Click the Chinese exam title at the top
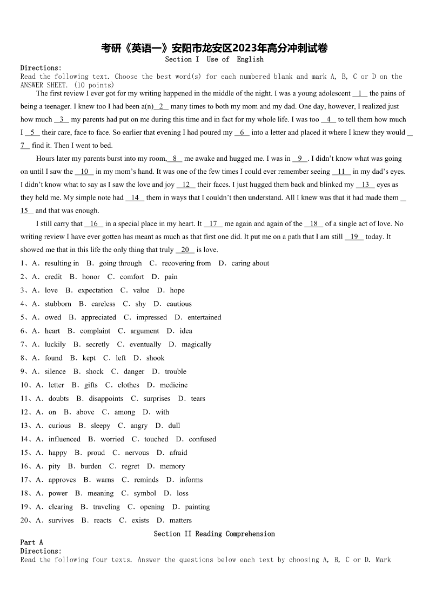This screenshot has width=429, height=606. pos(215,49)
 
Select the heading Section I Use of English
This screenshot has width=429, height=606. pos(215,59)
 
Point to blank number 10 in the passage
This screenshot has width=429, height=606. pos(84,172)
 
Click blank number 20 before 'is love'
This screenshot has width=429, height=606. pos(185,250)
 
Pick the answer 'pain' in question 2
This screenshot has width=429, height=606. pos(171,277)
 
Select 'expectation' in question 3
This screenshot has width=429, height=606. pos(95,290)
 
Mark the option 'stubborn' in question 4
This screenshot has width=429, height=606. pos(58,304)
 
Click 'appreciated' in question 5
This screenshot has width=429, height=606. pos(98,317)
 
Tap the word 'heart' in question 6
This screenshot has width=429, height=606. pos(52,331)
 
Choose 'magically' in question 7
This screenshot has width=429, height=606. pos(197,344)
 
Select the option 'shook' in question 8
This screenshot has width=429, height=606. pos(156,358)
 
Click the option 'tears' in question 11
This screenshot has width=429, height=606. pos(198,399)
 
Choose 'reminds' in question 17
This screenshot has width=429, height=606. pos(146,480)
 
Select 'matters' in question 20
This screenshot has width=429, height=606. pos(180,520)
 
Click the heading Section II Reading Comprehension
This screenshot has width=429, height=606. pos(215,534)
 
